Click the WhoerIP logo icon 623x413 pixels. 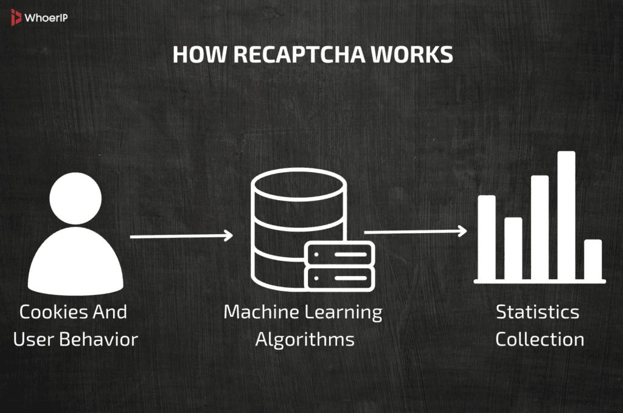tap(16, 18)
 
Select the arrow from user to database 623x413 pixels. tap(181, 235)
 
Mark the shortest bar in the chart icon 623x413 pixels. tap(593, 259)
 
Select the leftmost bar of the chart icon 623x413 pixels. tap(486, 237)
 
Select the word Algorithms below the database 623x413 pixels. tap(304, 339)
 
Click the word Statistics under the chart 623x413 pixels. tap(537, 312)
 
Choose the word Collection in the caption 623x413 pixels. tap(540, 339)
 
